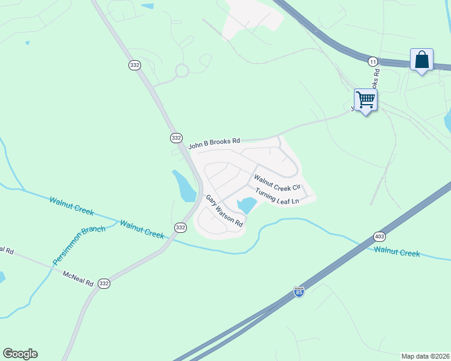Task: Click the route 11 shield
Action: [x=373, y=61]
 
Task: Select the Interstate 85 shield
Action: [x=299, y=292]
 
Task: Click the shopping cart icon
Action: [x=365, y=99]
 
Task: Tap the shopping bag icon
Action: [x=421, y=60]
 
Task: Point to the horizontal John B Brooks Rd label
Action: [x=214, y=142]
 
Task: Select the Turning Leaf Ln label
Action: [x=277, y=196]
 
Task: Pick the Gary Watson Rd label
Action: [x=224, y=211]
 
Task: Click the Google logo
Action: [x=20, y=354]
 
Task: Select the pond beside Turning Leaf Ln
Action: [x=247, y=205]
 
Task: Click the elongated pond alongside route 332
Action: [x=185, y=186]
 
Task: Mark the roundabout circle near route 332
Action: [x=182, y=72]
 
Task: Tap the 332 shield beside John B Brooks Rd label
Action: [x=176, y=138]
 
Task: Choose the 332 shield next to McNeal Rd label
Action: [x=104, y=283]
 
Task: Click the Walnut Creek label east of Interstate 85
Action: [x=396, y=252]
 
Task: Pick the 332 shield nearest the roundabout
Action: [x=134, y=64]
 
